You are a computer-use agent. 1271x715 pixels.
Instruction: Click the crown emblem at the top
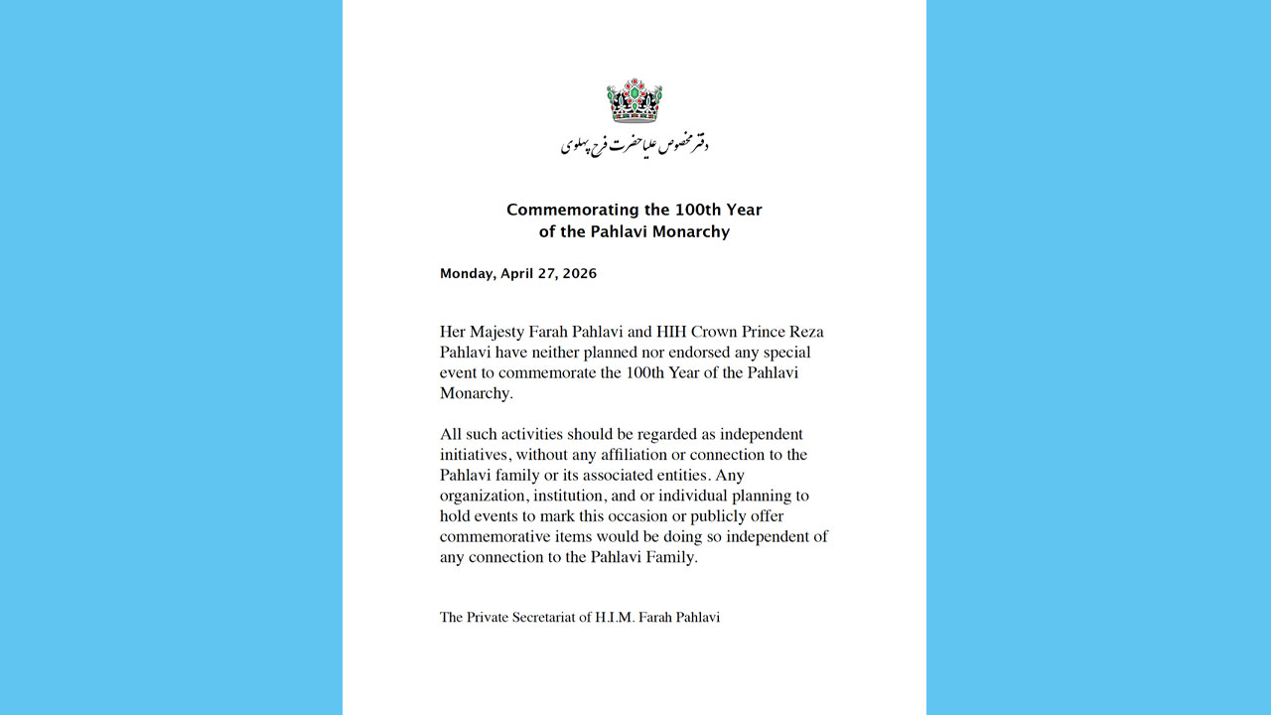(x=635, y=100)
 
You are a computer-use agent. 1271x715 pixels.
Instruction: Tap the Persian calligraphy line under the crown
(x=635, y=145)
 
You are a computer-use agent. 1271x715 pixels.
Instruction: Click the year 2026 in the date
(x=579, y=274)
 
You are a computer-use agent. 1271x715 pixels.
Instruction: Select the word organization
(x=486, y=496)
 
